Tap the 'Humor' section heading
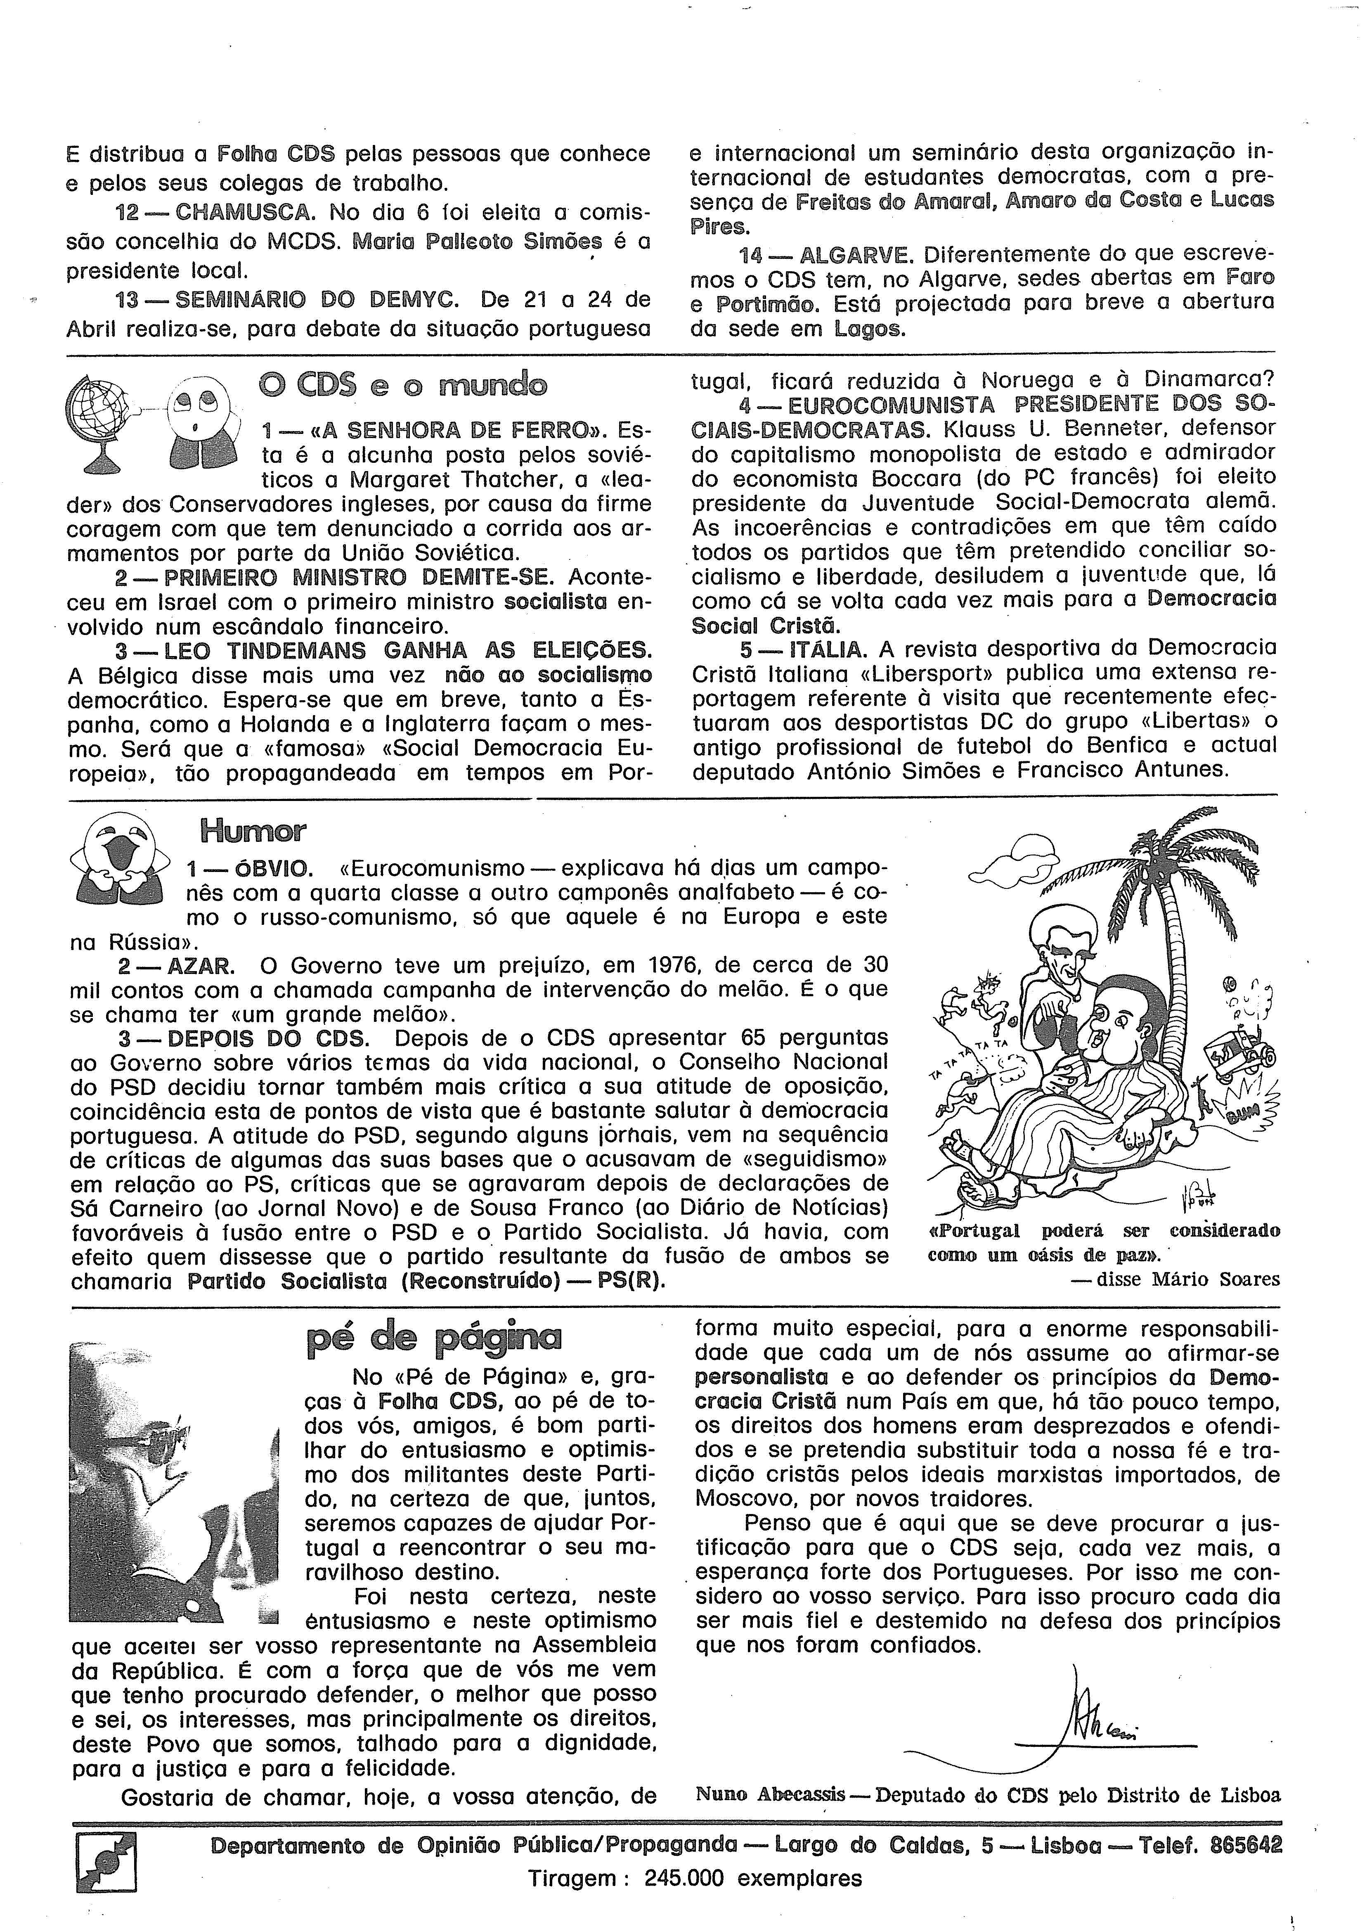pos(253,831)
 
